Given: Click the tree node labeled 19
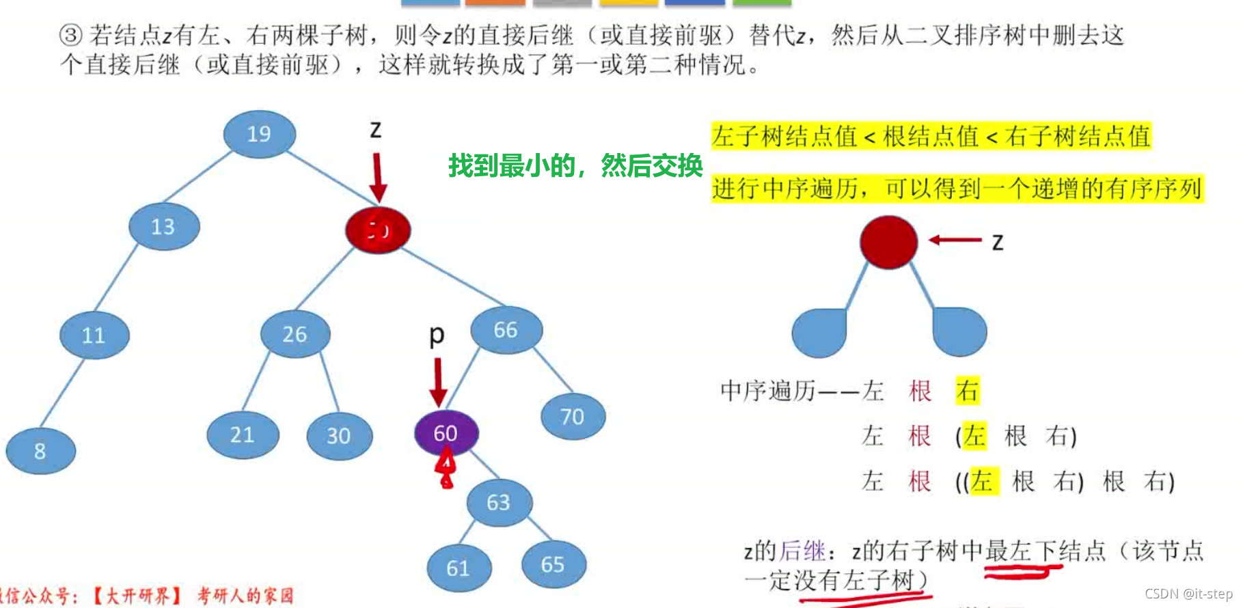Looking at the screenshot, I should point(259,134).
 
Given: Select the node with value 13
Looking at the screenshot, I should point(164,226).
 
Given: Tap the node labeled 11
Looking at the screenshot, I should point(94,335).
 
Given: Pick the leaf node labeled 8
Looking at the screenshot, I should point(40,450).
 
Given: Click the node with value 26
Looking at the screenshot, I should point(295,334).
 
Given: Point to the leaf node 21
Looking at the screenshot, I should point(243,434).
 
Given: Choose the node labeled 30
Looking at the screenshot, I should point(339,435).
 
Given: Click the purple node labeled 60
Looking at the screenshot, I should point(446,432).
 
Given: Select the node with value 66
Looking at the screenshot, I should point(506,330).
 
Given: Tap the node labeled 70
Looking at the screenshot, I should point(573,416).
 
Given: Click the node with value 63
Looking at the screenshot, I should point(499,502).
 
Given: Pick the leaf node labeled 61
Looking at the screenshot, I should point(459,568).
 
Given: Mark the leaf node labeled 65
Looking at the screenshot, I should point(553,564).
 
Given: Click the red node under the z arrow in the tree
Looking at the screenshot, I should point(378,230).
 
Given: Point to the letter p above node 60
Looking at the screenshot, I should point(437,335).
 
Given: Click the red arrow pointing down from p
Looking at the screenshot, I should point(438,383).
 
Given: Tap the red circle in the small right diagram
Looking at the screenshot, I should point(888,242).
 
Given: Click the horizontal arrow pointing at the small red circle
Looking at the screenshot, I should point(955,240).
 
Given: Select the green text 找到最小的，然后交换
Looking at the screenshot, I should point(575,165).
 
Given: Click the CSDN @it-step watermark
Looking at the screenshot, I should point(1188,594).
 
